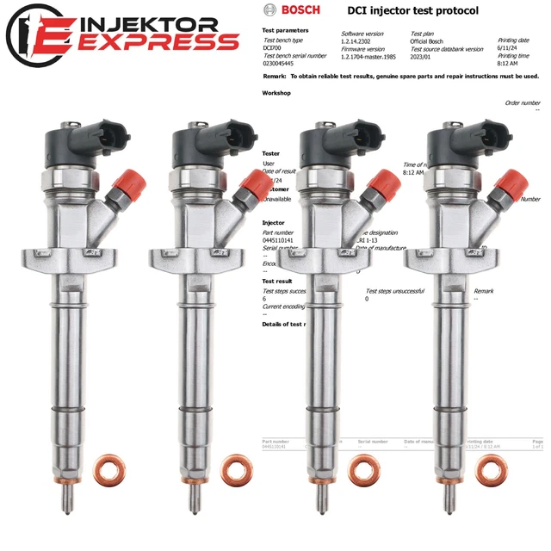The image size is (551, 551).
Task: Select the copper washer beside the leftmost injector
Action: point(108,467)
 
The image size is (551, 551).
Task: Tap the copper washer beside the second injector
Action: point(235,467)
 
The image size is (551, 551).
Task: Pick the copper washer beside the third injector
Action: point(362,467)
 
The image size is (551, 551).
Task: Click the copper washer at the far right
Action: point(491,467)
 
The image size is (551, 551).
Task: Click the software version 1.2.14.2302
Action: point(361,40)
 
